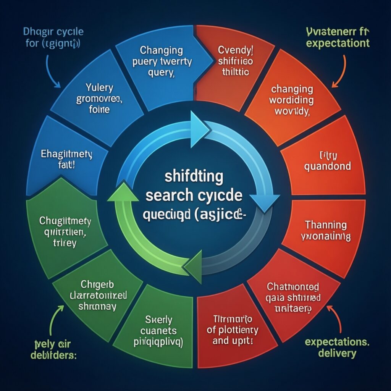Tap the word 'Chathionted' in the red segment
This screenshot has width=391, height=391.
(293, 286)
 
